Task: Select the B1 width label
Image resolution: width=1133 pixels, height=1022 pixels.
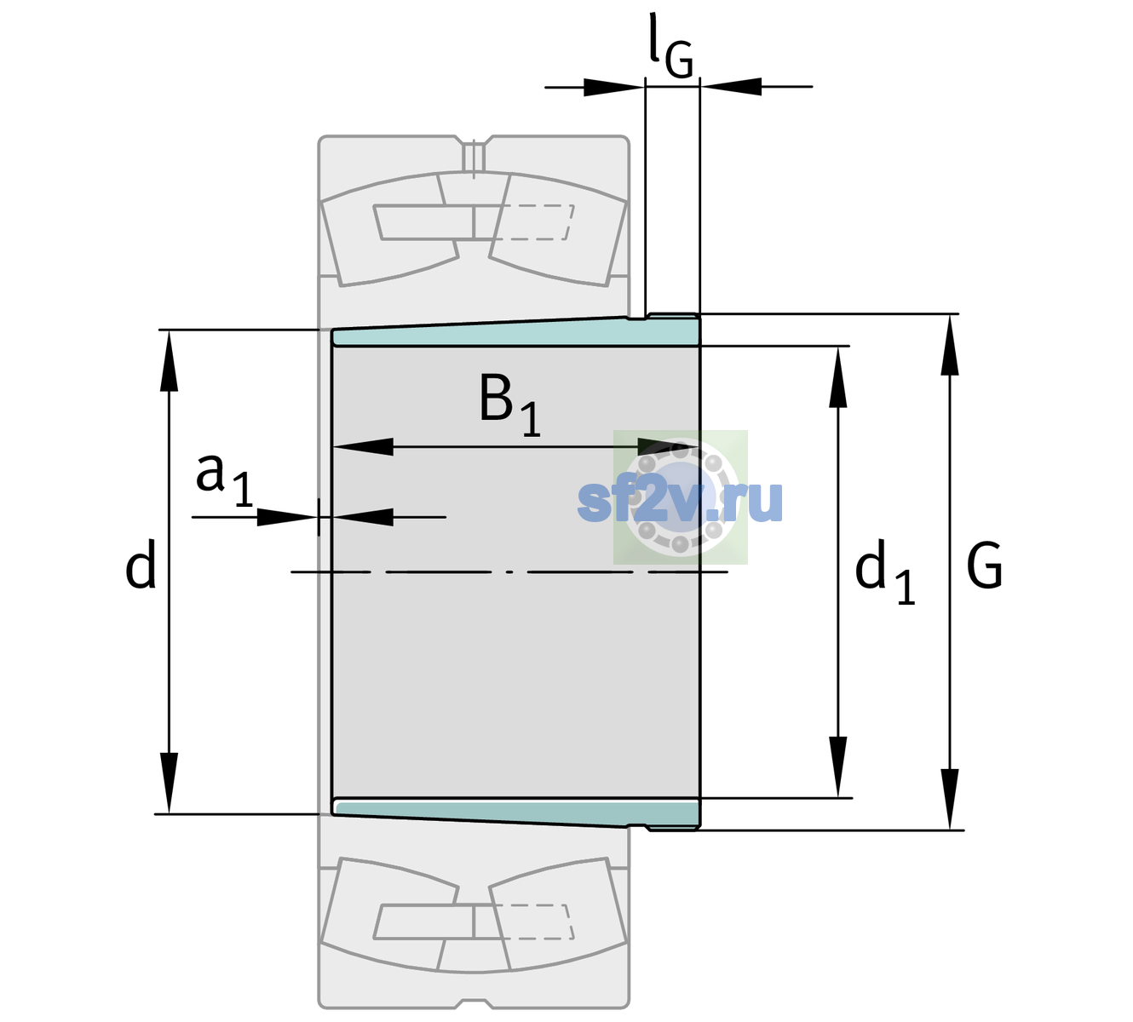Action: (x=509, y=405)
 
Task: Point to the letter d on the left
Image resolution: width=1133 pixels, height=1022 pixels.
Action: (x=140, y=563)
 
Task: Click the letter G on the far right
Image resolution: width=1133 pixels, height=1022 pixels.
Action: (x=985, y=566)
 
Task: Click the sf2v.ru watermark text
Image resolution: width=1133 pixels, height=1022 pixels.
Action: (x=680, y=500)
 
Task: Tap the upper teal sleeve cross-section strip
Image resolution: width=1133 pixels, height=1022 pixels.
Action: (x=516, y=334)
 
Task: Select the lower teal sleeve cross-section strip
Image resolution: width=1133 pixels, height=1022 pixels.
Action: (x=516, y=812)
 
